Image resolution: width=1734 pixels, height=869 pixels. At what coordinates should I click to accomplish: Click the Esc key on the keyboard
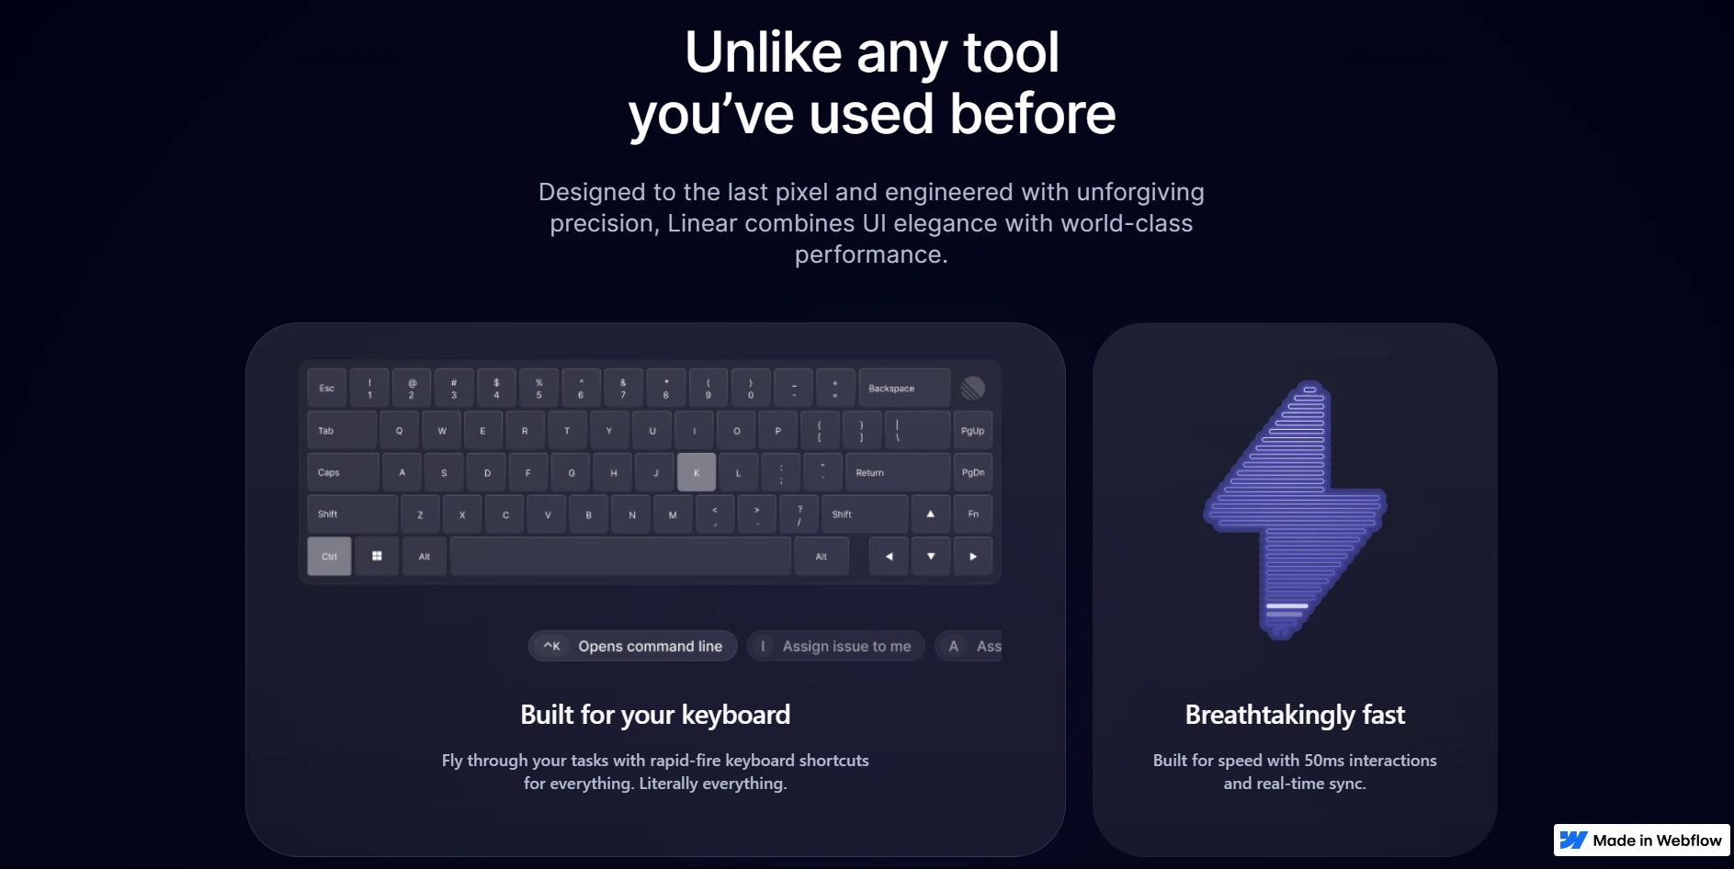point(327,388)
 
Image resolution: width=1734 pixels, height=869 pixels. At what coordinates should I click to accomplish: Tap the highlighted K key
point(697,472)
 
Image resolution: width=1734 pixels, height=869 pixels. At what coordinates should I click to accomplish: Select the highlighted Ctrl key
point(329,557)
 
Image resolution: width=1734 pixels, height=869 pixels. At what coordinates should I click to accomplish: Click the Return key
point(898,472)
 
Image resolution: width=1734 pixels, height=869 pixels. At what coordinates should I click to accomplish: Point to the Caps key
point(343,472)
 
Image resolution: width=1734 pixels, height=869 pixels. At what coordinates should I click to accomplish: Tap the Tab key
point(342,430)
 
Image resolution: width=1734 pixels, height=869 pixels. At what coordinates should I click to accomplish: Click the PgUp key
point(972,430)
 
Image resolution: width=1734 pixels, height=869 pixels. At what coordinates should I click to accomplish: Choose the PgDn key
point(972,472)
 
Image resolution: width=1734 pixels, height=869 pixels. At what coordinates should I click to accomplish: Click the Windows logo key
point(377,557)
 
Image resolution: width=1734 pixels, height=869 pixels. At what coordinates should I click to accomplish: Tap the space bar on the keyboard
point(620,557)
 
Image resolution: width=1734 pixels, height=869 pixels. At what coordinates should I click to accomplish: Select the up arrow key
point(931,514)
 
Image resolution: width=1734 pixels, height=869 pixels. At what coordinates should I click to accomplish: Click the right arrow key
point(973,557)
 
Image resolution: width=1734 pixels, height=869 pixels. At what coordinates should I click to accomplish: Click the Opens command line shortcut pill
point(632,646)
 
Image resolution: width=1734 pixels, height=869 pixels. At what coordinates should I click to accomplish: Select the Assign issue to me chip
point(835,646)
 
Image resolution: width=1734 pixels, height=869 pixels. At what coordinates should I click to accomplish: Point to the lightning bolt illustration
point(1295,510)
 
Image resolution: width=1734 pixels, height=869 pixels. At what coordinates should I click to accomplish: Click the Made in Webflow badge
point(1641,841)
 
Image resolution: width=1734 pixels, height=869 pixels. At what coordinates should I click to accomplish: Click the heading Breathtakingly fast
point(1295,715)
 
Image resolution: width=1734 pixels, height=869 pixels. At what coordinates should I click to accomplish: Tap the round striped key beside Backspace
point(972,388)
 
